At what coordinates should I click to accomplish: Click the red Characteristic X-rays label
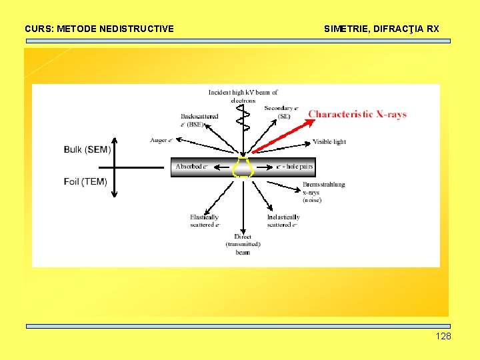point(357,114)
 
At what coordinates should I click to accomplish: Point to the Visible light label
point(329,142)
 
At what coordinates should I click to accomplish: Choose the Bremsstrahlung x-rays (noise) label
point(324,192)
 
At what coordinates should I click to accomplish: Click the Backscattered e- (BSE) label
point(199,120)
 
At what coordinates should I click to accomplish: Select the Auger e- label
point(162,141)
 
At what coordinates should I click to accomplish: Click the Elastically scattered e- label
point(204,221)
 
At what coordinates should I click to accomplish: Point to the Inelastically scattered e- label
point(283,221)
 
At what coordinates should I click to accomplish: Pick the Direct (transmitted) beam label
point(243,245)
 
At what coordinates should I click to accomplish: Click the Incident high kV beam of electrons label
point(243,96)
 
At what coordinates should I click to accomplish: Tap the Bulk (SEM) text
point(87,149)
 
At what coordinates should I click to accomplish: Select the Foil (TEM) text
point(85,181)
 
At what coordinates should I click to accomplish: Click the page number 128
point(443,336)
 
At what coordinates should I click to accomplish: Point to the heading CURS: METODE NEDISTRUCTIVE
point(99,29)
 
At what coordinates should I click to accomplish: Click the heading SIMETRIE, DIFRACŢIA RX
point(381,29)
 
